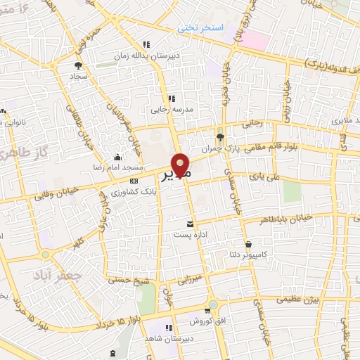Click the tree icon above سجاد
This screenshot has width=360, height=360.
coord(77,65)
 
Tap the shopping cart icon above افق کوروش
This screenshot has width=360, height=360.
coord(206,309)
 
